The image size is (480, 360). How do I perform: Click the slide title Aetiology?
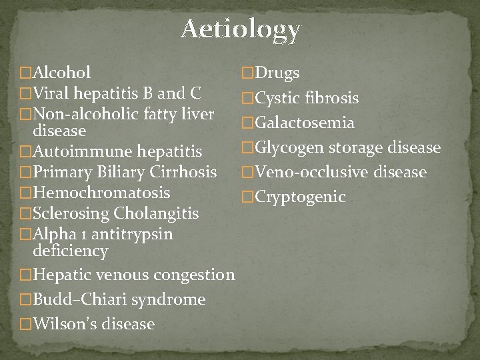tap(240, 30)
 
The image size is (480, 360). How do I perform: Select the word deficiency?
tap(70, 251)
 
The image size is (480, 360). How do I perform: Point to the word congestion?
tap(193, 275)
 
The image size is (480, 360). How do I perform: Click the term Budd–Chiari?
tap(75, 299)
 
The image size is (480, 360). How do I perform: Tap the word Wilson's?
tap(63, 324)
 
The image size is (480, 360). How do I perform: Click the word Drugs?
tap(277, 73)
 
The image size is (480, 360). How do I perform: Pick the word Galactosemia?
tap(304, 123)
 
